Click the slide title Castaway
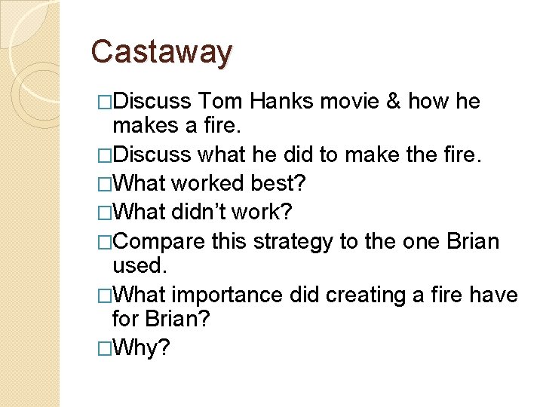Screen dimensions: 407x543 pyautogui.click(x=161, y=52)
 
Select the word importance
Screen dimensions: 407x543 pyautogui.click(x=229, y=295)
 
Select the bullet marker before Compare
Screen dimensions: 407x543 pyautogui.click(x=105, y=242)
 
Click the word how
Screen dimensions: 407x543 pyautogui.click(x=432, y=101)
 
